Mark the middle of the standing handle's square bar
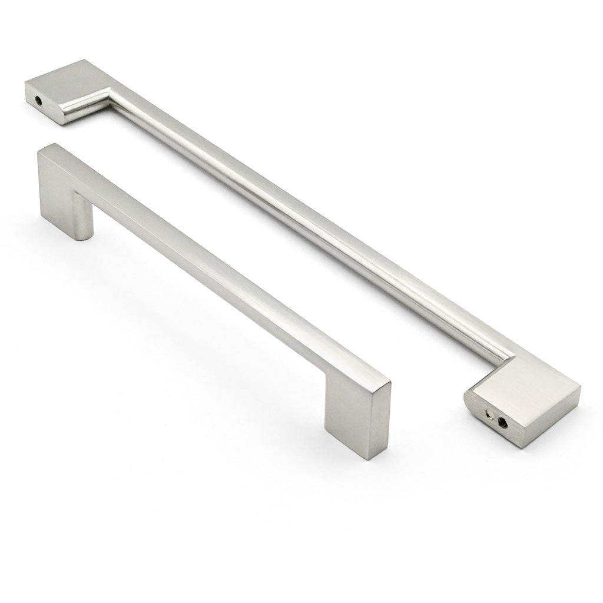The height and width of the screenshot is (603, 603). click(x=218, y=265)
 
